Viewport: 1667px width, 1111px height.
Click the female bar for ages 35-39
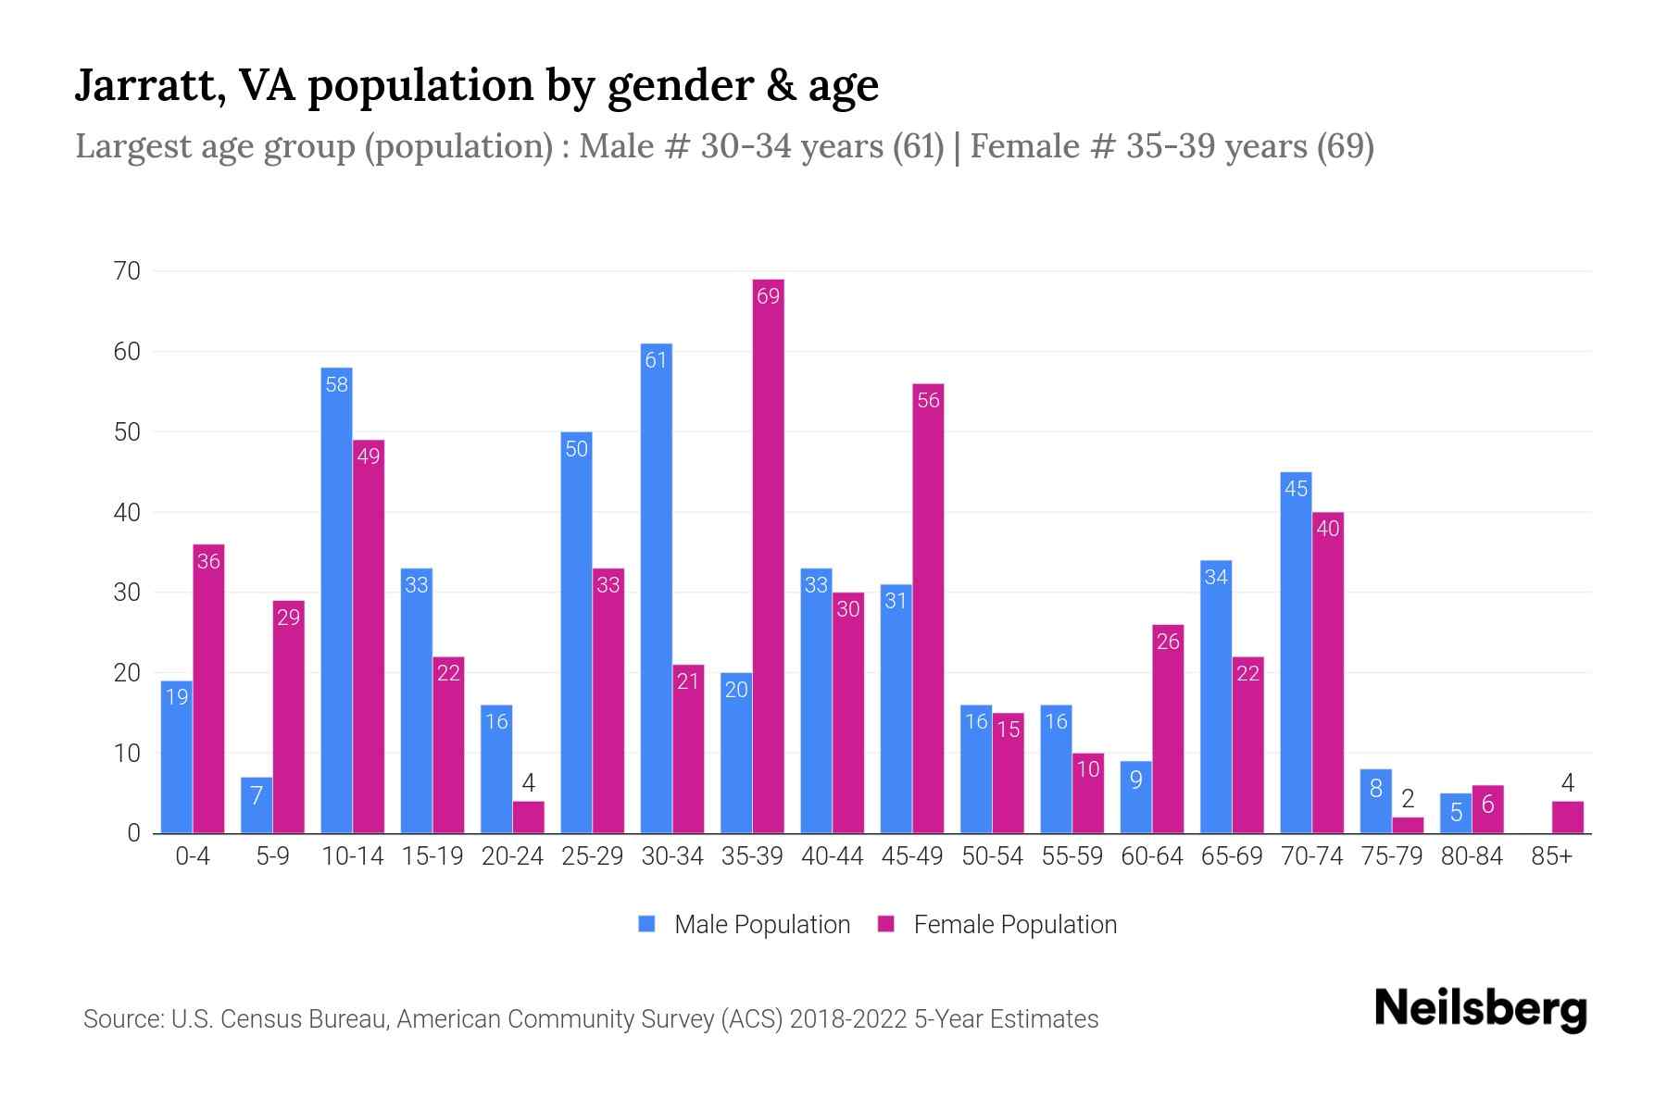[768, 555]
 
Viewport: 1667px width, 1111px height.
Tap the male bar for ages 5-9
[257, 805]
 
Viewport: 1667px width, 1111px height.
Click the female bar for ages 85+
[1567, 818]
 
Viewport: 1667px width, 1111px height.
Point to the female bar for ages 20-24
[528, 818]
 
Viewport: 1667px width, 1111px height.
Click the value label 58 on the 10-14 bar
[336, 384]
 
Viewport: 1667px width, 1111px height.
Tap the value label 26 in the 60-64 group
[1168, 642]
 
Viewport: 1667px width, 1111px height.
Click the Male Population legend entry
[745, 925]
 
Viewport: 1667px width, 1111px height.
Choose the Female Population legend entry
[998, 925]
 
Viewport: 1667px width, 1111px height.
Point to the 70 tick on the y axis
[127, 271]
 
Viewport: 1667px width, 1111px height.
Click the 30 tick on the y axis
[127, 593]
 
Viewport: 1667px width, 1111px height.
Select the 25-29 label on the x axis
[592, 856]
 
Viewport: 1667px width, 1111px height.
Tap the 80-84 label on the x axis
[1472, 856]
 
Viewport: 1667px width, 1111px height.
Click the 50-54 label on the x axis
[992, 856]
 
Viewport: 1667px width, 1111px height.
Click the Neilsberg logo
[1480, 1009]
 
